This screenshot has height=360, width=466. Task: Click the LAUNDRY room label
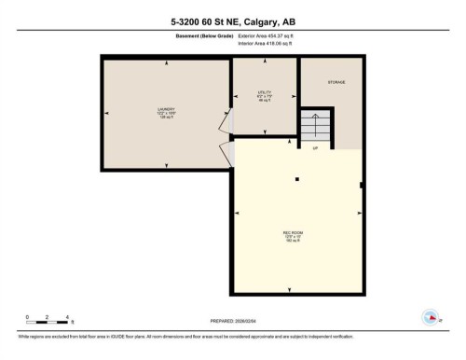click(x=167, y=113)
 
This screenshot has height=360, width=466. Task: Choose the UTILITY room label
click(x=264, y=95)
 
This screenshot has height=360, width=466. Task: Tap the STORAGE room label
click(x=336, y=83)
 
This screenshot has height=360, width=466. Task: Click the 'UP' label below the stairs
click(x=315, y=148)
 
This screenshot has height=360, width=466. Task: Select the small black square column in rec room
click(x=296, y=178)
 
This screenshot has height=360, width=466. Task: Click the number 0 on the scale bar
click(x=28, y=317)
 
